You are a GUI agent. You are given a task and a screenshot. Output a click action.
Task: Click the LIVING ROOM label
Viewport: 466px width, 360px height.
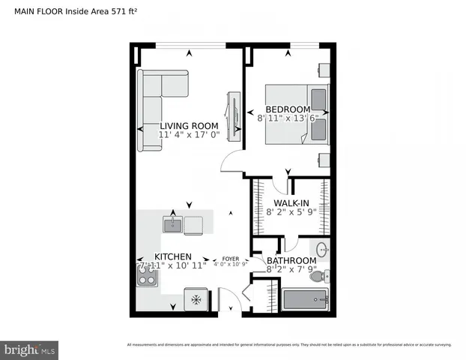click(x=189, y=126)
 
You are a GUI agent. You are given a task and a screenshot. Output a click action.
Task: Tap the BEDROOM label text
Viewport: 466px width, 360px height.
click(x=288, y=109)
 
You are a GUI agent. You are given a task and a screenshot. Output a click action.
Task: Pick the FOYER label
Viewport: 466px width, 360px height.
click(x=230, y=258)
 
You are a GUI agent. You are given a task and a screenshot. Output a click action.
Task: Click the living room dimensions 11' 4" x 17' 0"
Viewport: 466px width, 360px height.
click(x=189, y=136)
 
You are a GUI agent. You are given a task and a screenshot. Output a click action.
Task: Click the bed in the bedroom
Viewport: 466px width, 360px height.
click(x=297, y=116)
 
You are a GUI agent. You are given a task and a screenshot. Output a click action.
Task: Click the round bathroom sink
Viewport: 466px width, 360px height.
click(x=323, y=250)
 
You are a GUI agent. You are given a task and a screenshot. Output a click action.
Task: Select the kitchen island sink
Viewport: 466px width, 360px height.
click(x=174, y=223)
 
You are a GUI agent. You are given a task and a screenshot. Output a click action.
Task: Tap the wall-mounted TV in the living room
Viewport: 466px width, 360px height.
click(x=234, y=115)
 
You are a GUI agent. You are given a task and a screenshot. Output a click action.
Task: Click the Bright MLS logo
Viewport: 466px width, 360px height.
click(x=30, y=349)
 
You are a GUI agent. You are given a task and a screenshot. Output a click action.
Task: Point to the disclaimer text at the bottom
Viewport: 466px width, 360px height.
click(x=289, y=345)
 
